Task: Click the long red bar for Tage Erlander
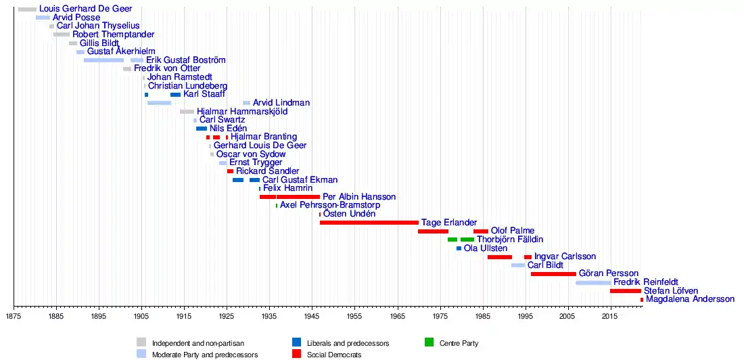(369, 222)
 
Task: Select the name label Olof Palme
(512, 231)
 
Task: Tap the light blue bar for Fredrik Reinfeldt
(593, 282)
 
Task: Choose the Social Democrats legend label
(333, 354)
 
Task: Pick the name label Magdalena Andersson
(689, 299)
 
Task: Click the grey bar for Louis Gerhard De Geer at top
(27, 9)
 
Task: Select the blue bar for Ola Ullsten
(459, 248)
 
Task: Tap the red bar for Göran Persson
(553, 274)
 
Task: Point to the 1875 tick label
(14, 316)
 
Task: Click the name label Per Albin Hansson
(358, 197)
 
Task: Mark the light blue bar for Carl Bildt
(517, 265)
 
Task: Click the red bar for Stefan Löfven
(625, 291)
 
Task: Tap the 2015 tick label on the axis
(610, 316)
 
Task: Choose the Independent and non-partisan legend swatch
(141, 342)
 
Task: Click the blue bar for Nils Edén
(202, 129)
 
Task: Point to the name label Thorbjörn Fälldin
(509, 240)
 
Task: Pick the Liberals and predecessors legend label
(348, 343)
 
